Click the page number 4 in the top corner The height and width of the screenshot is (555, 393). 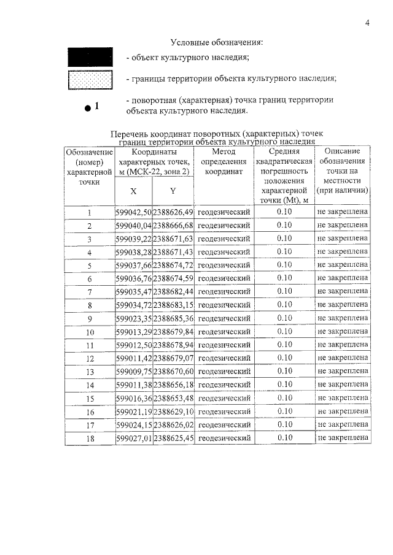[367, 23]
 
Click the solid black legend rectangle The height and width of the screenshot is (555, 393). [90, 58]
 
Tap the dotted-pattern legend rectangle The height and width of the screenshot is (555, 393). [90, 80]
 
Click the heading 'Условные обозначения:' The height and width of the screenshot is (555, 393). [216, 42]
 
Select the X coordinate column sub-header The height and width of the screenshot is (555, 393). [133, 191]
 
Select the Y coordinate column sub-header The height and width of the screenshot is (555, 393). [173, 191]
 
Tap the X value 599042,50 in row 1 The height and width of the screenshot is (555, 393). [133, 212]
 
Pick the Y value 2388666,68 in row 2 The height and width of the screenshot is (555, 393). [173, 226]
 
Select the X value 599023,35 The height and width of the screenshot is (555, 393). [133, 318]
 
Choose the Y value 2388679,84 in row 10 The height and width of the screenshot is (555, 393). [173, 332]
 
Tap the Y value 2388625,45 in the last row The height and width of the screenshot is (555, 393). [173, 438]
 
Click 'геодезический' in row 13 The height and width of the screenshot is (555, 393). [224, 372]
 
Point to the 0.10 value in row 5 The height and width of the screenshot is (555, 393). [284, 266]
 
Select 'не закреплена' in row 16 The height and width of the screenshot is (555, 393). [343, 411]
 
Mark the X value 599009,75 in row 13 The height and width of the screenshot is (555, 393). [133, 372]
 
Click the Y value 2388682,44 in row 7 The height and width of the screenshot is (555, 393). [173, 292]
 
